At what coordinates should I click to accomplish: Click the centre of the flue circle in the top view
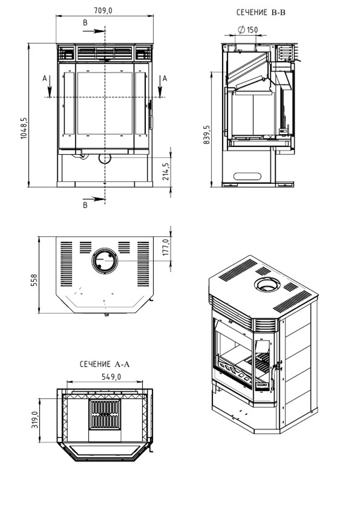point(105,261)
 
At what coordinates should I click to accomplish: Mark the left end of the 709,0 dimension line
point(56,16)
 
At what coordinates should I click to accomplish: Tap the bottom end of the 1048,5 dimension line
point(29,187)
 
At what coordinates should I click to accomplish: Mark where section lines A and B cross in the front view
point(105,97)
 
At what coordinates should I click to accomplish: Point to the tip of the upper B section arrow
point(105,31)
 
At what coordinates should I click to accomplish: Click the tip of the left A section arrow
point(49,97)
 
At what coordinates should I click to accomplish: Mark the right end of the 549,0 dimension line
point(143,382)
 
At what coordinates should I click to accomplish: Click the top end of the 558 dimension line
point(39,237)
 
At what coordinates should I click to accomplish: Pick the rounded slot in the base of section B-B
point(247,176)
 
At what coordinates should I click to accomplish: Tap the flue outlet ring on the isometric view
point(267,284)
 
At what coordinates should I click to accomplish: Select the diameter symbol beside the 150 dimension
point(241,29)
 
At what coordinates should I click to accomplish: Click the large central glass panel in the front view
point(105,103)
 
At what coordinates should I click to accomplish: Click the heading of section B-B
point(261,12)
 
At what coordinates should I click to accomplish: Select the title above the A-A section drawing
point(105,364)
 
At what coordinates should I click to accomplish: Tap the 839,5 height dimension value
point(207,135)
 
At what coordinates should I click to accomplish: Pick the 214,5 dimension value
point(166,171)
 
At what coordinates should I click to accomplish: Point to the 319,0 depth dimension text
point(35,419)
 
